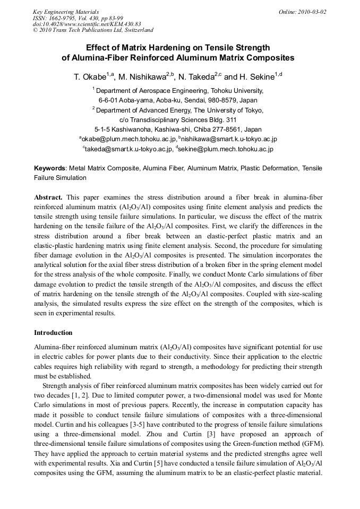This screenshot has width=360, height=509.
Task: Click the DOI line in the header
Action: [87, 24]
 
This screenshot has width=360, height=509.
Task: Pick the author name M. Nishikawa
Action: [145, 77]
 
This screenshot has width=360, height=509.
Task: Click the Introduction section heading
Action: [53, 333]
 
